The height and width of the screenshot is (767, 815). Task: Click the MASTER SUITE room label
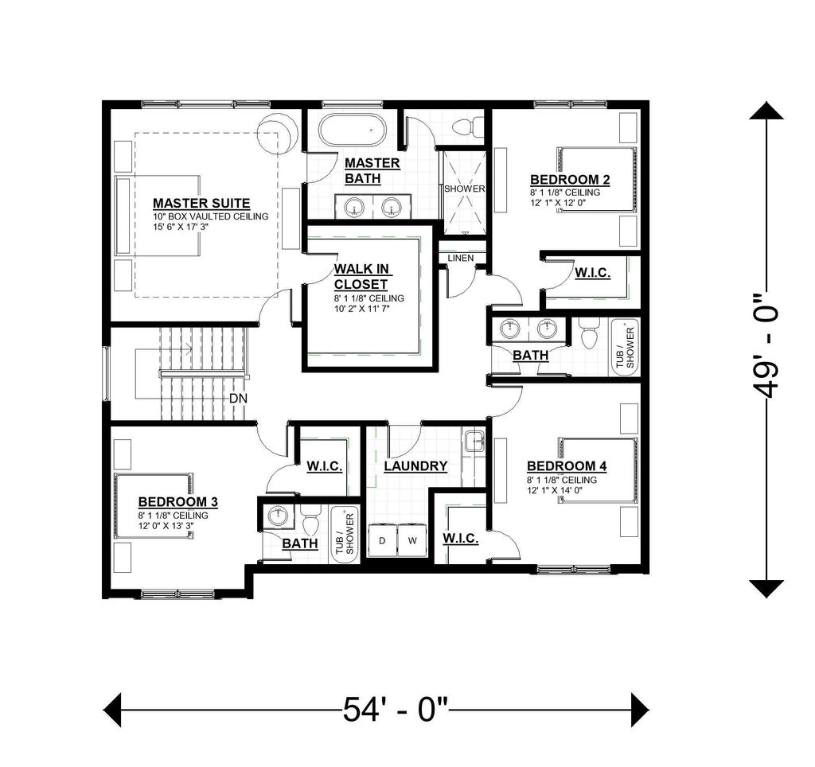201,203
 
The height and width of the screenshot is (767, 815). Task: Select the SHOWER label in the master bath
464,189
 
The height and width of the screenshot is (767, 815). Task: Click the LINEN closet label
461,259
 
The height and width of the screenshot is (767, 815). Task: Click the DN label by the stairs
238,398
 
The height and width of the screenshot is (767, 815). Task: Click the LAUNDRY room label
415,466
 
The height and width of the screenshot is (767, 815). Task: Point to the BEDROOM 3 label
178,502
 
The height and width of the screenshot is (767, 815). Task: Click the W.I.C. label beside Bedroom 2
592,273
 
